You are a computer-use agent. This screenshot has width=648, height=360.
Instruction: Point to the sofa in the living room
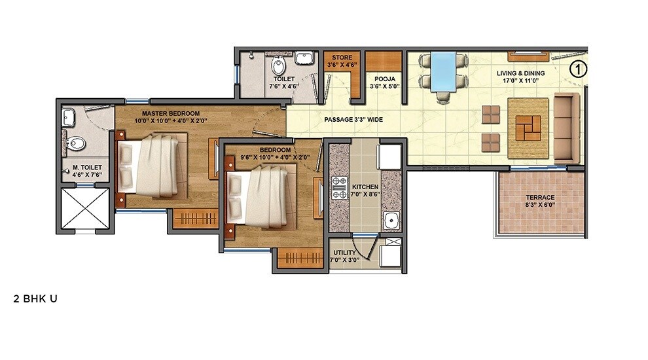(566, 128)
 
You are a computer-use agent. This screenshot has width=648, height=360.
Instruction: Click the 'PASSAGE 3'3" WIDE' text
(353, 120)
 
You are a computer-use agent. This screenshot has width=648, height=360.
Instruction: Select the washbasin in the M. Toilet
(68, 117)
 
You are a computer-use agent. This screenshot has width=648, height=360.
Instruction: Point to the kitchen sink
(391, 220)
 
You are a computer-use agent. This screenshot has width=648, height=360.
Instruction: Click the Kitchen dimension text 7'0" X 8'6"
(365, 194)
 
